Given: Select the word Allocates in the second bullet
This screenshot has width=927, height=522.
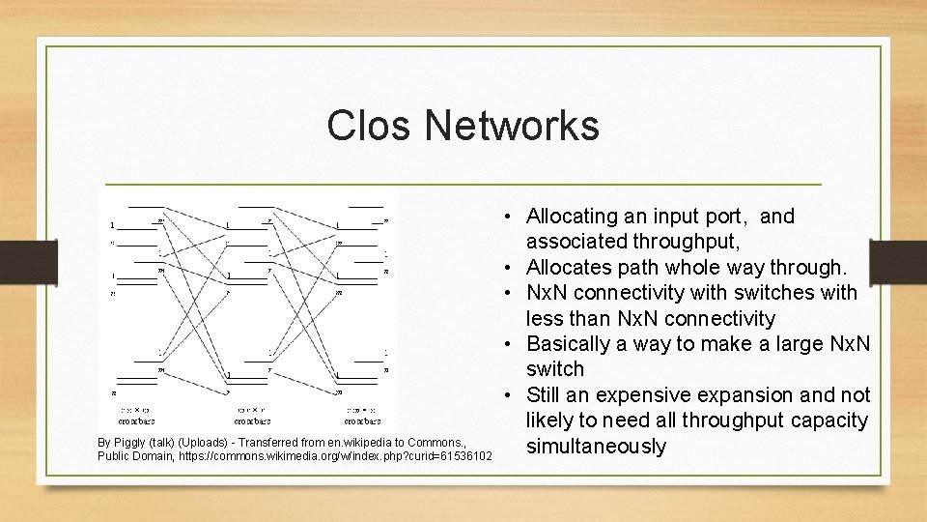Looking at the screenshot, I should [x=571, y=268].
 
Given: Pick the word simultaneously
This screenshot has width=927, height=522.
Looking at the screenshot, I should [x=596, y=447].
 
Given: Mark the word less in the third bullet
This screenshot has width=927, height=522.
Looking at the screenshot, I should [x=544, y=319].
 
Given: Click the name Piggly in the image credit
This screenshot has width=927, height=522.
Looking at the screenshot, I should [x=130, y=442].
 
